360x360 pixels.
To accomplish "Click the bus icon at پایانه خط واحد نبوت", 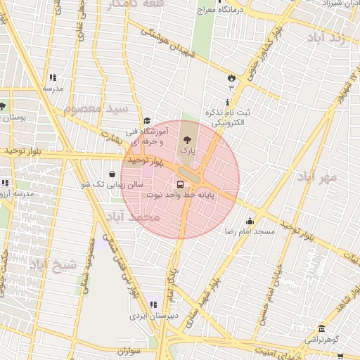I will click(x=181, y=185).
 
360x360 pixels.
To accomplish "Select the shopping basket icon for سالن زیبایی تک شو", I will click(x=112, y=174).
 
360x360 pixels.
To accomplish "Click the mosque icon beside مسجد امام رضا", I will click(x=250, y=222).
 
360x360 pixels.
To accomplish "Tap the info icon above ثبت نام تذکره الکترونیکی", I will click(x=227, y=102).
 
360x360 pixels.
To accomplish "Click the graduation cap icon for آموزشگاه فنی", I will click(x=147, y=121).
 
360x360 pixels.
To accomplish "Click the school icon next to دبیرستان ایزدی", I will click(x=153, y=305).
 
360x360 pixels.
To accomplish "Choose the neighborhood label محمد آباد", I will click(x=136, y=217).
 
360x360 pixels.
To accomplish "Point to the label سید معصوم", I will click(x=96, y=109).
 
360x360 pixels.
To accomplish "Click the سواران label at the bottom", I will click(x=127, y=349).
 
